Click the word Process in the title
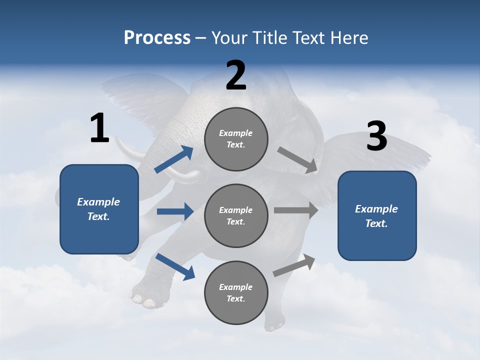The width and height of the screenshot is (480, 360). coord(157,38)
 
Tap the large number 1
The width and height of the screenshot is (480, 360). coord(99,128)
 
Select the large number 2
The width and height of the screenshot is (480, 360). coord(236,75)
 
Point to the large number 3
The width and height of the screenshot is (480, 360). coord(376,136)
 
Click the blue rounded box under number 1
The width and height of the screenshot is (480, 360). coord(99,209)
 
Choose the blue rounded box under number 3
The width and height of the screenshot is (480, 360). coord(377,215)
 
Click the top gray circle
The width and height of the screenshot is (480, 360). coord(236,139)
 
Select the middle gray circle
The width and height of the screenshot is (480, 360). coord(236,215)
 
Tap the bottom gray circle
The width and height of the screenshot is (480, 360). coord(236,292)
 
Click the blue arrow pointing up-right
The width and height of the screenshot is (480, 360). coord(174,159)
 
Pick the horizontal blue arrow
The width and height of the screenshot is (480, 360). coord(175,211)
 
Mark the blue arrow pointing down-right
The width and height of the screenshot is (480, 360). coord(175,266)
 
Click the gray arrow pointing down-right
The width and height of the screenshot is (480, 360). coord(297,160)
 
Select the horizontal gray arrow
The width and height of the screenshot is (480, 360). coord(296,210)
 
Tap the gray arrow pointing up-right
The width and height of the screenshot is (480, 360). coord(294,265)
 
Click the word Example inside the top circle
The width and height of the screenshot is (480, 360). coord(236,133)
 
